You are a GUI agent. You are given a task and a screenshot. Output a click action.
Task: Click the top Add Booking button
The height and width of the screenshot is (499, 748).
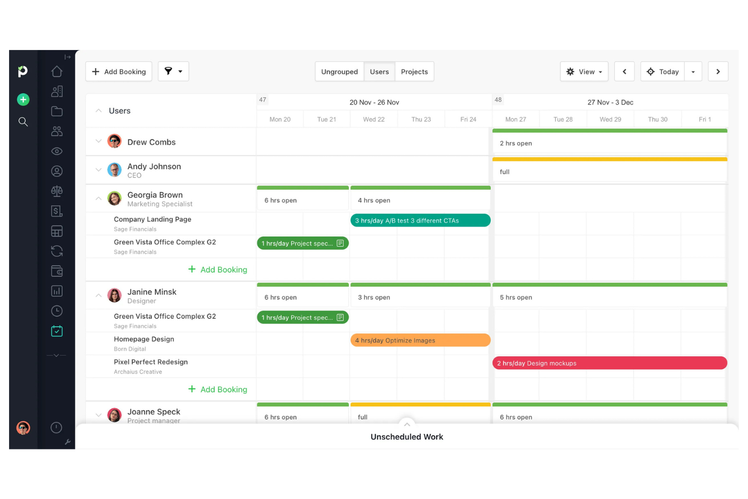click(x=119, y=72)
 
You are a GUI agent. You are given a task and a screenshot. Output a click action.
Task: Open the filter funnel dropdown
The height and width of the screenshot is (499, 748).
click(x=173, y=71)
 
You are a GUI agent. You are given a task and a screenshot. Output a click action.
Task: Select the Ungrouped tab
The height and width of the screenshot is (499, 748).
click(x=339, y=72)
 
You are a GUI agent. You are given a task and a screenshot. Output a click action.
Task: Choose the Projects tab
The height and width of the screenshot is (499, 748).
click(x=414, y=72)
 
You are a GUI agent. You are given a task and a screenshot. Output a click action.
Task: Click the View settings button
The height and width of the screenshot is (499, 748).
click(x=584, y=72)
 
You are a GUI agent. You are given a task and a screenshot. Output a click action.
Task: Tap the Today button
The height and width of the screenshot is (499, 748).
click(x=663, y=72)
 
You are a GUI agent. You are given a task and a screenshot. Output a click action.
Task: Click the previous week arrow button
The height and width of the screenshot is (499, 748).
click(x=624, y=72)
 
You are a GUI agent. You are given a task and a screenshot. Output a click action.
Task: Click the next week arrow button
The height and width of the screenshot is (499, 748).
click(x=718, y=72)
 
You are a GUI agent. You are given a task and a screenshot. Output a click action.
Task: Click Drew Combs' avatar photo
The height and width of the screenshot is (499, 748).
click(x=115, y=142)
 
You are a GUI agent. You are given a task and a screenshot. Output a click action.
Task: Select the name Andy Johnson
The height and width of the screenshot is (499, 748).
click(x=154, y=166)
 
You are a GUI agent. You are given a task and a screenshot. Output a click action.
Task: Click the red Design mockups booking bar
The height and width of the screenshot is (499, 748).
click(x=609, y=363)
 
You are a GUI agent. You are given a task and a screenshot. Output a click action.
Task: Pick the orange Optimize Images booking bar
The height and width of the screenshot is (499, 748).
click(x=420, y=340)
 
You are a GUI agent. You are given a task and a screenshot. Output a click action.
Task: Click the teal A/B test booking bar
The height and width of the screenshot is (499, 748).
click(x=420, y=220)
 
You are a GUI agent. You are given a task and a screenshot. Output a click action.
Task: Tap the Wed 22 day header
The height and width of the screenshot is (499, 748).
click(x=373, y=119)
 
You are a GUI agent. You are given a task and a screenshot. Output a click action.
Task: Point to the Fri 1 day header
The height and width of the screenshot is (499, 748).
click(x=705, y=119)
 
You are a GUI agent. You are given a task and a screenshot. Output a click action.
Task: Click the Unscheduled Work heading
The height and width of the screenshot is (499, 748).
click(x=406, y=437)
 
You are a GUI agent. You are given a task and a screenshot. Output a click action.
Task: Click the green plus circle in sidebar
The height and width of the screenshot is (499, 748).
click(x=23, y=100)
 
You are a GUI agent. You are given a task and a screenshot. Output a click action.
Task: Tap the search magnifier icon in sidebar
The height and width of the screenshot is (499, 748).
click(x=23, y=122)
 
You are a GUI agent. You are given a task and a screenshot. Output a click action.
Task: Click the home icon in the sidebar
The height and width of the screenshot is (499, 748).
click(x=57, y=72)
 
